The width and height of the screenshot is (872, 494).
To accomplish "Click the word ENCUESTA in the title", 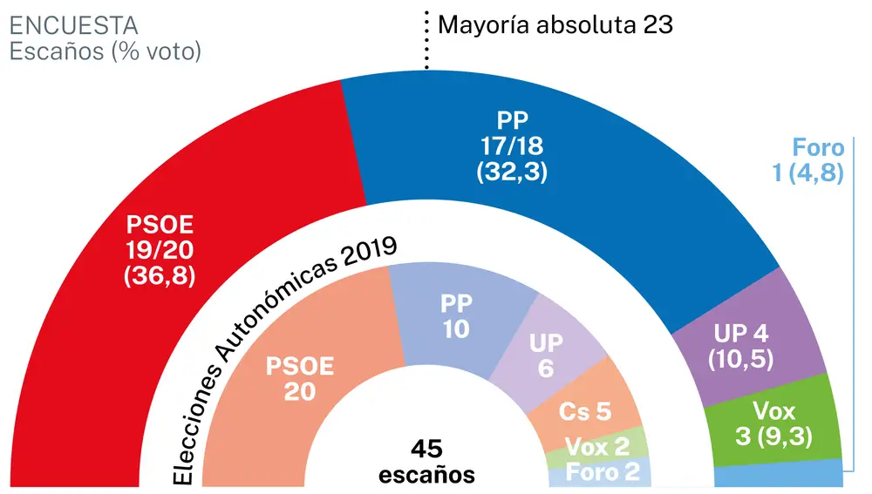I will tap(73, 25).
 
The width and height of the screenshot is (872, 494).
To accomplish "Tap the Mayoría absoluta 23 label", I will tap(555, 24).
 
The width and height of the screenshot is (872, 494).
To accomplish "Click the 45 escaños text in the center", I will tap(426, 461).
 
